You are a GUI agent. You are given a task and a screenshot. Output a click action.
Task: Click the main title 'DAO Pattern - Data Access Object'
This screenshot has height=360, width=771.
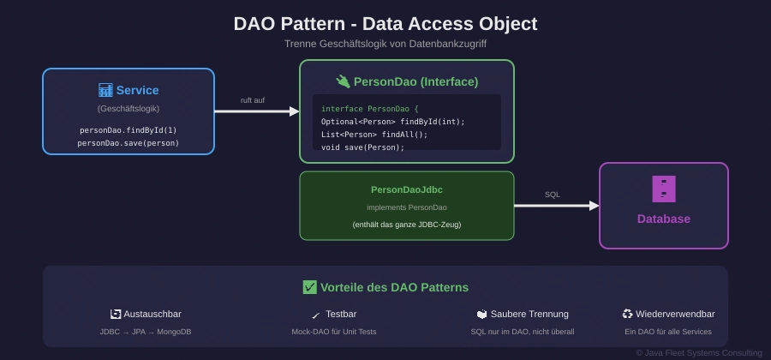tap(385, 24)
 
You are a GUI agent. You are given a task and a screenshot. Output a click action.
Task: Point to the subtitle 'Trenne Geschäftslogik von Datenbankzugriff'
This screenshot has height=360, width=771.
tap(385, 44)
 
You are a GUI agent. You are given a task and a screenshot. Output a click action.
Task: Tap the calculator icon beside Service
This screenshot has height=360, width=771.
tap(105, 90)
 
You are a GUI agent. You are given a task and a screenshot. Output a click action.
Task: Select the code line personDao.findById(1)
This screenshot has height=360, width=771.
tap(128, 130)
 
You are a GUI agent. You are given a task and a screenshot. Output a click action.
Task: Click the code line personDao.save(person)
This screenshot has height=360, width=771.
tap(128, 143)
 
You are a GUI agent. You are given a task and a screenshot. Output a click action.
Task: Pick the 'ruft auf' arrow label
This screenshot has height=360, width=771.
tap(253, 100)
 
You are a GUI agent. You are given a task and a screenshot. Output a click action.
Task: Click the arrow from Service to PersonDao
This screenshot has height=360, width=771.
tap(257, 111)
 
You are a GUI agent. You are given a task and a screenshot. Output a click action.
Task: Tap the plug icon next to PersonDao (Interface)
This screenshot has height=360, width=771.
tap(343, 81)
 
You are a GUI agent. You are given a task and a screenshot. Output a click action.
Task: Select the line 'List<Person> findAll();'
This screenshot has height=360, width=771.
tap(374, 135)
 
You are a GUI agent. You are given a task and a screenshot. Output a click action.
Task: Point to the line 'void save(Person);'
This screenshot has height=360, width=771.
tap(362, 147)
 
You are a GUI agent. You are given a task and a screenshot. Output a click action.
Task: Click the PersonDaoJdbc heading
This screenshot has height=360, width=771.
tap(407, 189)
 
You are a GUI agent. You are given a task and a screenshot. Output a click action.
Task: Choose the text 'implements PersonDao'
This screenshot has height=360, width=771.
tap(407, 207)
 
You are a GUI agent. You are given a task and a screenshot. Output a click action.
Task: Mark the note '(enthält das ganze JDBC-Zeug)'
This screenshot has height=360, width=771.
tap(407, 225)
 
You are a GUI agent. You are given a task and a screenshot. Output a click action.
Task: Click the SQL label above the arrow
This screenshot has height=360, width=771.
tap(553, 195)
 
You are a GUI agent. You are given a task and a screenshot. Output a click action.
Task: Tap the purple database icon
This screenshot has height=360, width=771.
tap(664, 189)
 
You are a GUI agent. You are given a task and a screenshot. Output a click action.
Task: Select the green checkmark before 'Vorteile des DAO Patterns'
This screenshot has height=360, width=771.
tap(310, 287)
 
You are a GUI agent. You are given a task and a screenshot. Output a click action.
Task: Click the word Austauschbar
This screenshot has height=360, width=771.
tap(152, 315)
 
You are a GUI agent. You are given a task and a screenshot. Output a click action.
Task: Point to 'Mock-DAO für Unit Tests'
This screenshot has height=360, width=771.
tap(334, 332)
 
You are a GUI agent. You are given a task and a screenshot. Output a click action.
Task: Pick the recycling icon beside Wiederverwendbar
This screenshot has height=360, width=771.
tap(628, 315)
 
